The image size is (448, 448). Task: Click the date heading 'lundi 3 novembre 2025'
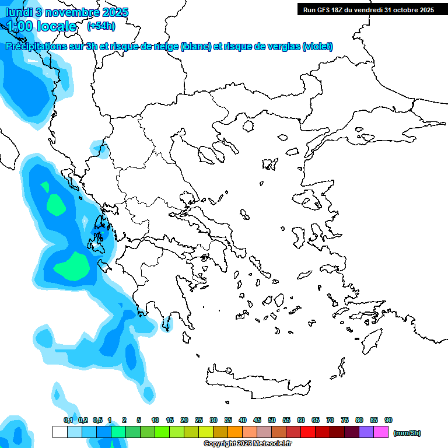(67, 12)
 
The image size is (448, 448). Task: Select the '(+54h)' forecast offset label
(101, 26)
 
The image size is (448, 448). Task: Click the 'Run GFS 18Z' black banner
(367, 10)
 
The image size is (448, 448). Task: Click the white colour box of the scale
(60, 432)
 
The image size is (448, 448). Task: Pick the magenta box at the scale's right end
(381, 432)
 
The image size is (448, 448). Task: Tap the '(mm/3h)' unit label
(407, 433)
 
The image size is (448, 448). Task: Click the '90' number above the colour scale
(388, 420)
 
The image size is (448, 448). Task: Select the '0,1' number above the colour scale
(68, 420)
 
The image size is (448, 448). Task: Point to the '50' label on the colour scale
(272, 420)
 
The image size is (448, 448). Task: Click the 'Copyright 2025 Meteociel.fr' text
(247, 443)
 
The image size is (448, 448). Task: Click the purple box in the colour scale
(366, 432)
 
